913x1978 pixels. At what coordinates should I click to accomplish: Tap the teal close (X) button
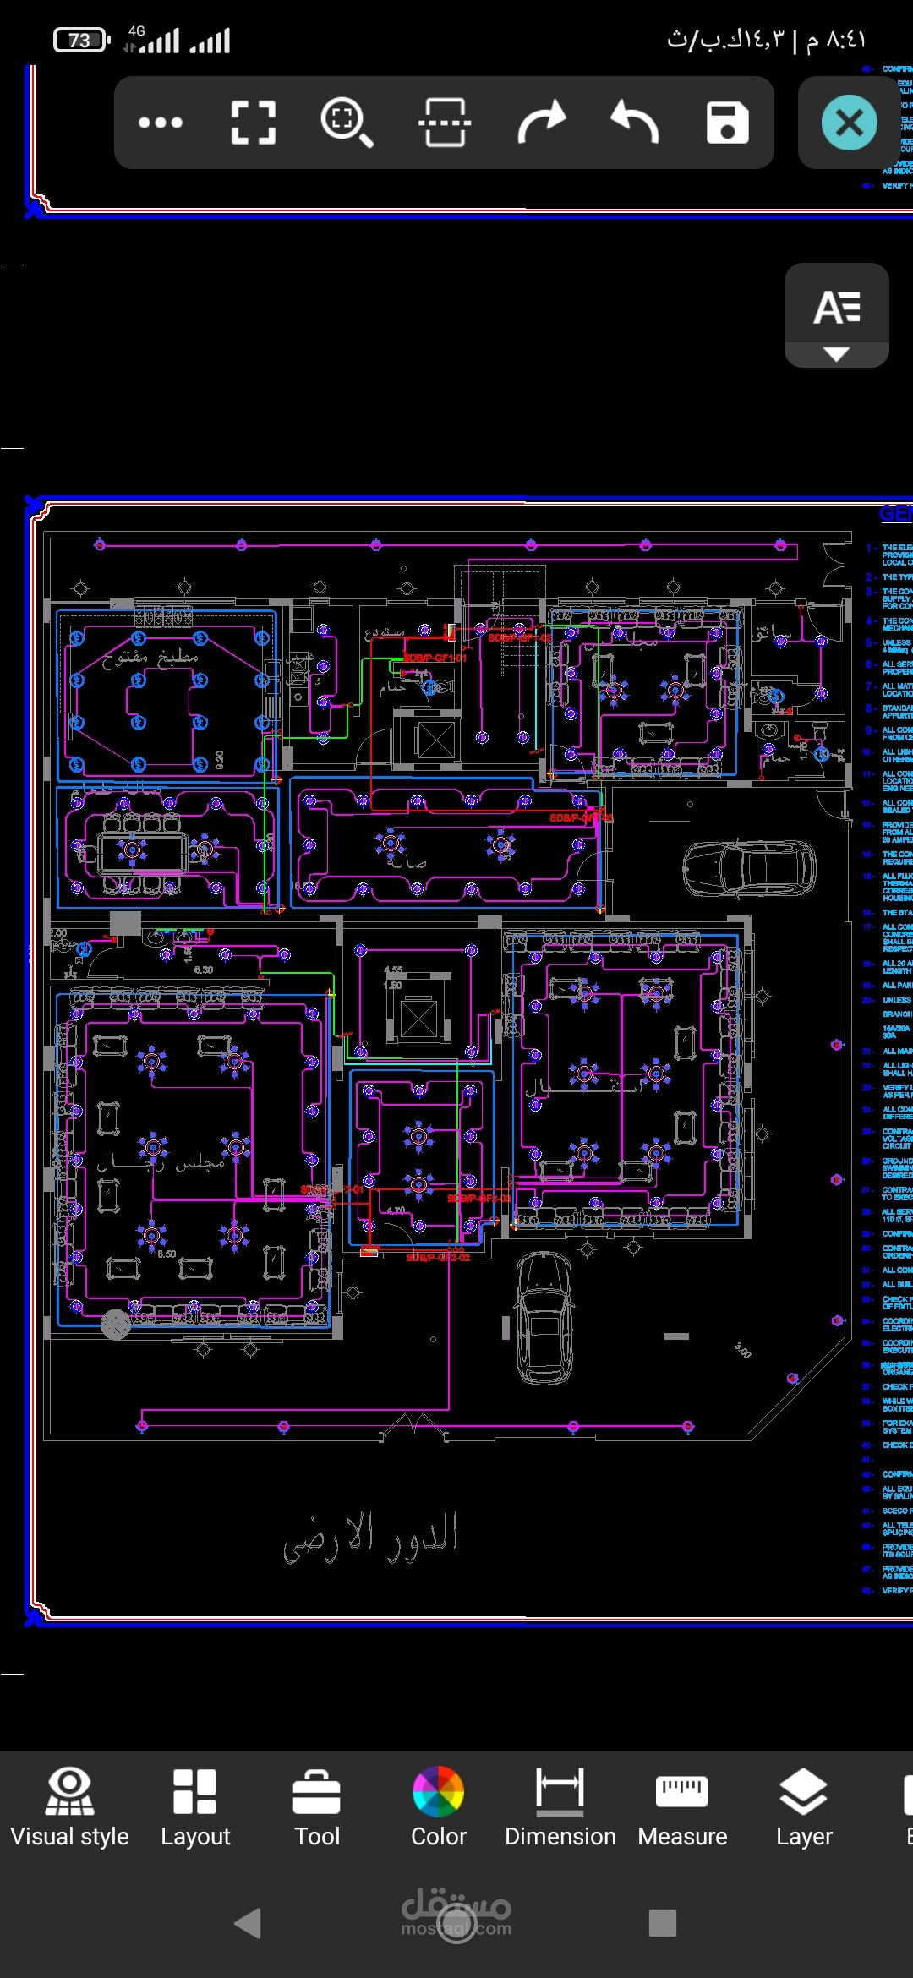pos(849,123)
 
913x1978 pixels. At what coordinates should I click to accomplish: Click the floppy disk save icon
pos(727,123)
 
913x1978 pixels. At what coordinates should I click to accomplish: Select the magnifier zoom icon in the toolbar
pos(345,123)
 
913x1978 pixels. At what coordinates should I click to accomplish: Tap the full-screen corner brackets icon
pos(253,123)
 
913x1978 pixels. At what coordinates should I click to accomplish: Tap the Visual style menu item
pos(69,1808)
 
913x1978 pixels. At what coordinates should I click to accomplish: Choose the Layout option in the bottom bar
pos(195,1808)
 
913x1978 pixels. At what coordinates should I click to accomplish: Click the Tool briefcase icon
pos(317,1808)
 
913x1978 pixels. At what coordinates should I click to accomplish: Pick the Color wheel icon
pos(438,1808)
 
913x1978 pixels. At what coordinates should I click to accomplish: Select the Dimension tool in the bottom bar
pos(560,1808)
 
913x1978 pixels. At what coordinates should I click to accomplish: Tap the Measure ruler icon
pos(682,1808)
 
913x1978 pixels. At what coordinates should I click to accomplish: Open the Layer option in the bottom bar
pos(804,1808)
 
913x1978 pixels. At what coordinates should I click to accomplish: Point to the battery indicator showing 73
pos(81,40)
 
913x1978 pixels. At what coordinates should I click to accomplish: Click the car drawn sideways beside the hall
pos(749,867)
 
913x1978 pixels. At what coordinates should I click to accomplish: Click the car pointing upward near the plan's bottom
pos(544,1317)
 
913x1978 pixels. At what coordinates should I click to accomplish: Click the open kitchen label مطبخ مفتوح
pos(150,657)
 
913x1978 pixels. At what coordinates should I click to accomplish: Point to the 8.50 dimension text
pos(167,1254)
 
